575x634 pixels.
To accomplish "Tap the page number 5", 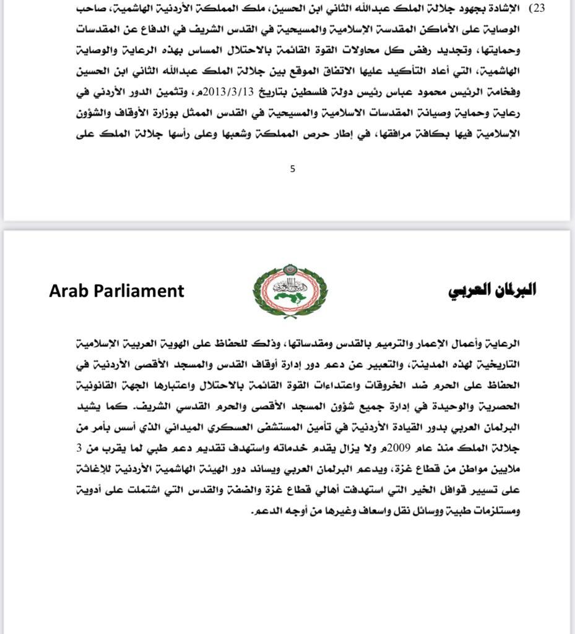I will (x=293, y=168).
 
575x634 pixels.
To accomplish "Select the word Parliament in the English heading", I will (x=141, y=290).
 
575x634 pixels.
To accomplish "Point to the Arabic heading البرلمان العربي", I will (x=492, y=290).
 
